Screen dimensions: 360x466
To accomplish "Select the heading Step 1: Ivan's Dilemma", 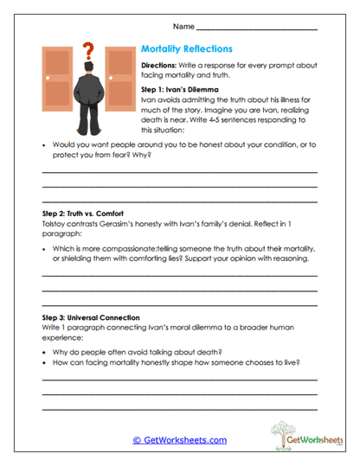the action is click(181, 89).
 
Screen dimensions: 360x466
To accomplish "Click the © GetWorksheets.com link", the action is click(180, 440).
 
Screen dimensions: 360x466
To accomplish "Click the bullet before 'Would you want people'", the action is click(44, 144).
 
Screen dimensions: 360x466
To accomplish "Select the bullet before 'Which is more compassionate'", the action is click(44, 247).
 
